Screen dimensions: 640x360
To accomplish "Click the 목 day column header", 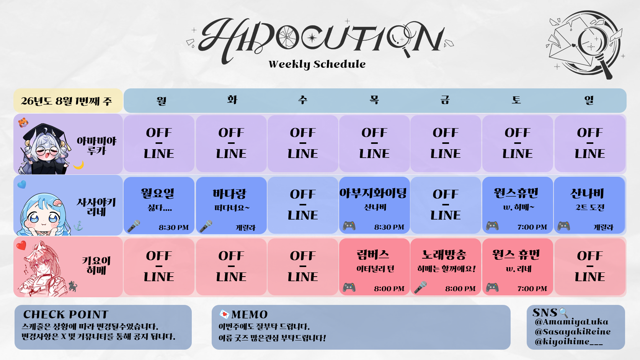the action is point(374,100).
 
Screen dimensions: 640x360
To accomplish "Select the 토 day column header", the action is point(516,100).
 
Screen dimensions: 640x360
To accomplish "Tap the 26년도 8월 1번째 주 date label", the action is point(66,101).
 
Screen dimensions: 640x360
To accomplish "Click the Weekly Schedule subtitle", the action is point(317,64).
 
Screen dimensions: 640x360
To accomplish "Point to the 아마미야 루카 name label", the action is point(96,146).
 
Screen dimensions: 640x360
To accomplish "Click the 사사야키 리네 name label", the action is point(96,207).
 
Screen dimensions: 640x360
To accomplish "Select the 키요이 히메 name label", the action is point(96,265).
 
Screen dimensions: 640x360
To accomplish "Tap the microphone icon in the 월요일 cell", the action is point(134,226).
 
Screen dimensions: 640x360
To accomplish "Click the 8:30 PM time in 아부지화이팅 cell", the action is point(389,227).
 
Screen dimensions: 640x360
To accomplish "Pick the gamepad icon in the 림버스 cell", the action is point(349,287).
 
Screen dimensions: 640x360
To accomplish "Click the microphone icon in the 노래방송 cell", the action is point(421,287).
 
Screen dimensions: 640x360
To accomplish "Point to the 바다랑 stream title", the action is point(229,194).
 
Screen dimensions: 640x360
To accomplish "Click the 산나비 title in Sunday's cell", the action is point(588,194).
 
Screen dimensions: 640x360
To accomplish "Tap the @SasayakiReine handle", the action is point(573,332).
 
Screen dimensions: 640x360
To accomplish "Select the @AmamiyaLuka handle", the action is point(571,322).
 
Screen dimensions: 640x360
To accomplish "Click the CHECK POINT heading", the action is point(66,314).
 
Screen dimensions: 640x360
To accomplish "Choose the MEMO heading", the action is point(249,314).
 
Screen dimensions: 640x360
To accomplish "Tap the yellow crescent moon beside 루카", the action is point(78,165).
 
